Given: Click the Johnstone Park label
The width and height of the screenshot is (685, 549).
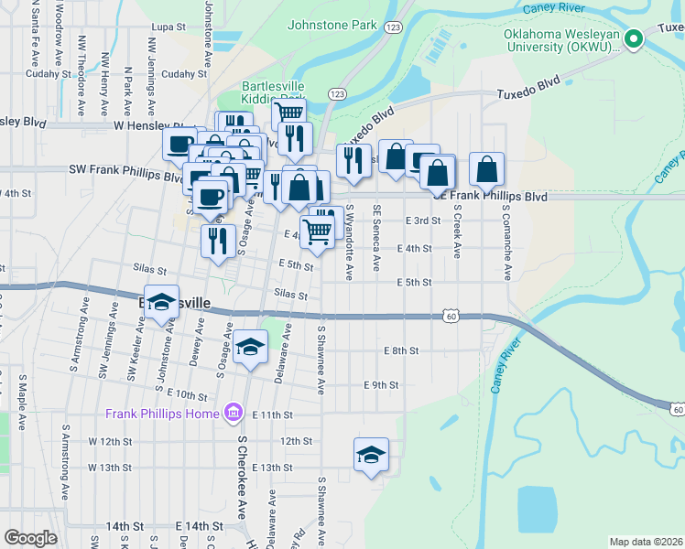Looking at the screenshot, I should [x=332, y=25].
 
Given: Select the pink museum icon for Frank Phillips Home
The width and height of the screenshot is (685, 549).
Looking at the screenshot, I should [x=232, y=414].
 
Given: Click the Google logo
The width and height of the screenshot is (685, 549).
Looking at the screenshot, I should [x=30, y=538].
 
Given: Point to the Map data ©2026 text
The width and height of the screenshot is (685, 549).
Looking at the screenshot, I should [x=646, y=542].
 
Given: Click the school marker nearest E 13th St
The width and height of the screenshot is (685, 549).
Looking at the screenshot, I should [x=371, y=455].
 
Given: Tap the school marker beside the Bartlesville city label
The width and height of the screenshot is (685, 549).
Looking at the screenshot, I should [x=161, y=305].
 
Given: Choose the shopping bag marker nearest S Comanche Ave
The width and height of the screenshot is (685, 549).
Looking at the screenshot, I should [x=487, y=169].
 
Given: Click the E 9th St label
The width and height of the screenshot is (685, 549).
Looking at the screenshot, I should [x=381, y=385].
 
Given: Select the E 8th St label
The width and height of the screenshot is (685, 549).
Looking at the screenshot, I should [x=400, y=350].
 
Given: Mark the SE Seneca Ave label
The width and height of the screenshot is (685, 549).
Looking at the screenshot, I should [x=375, y=237].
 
